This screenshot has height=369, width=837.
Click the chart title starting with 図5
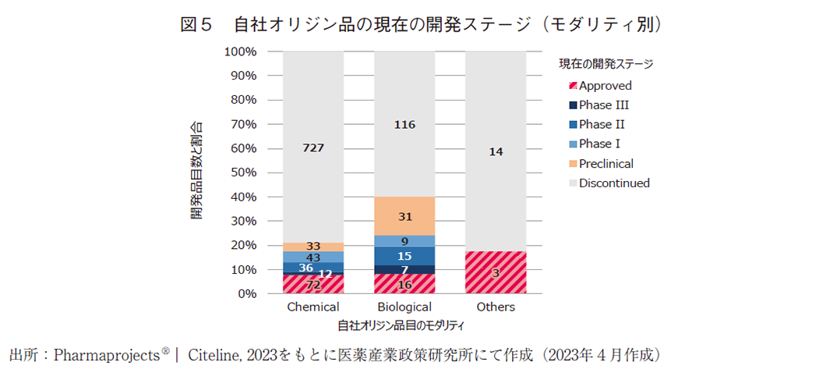coord(421,25)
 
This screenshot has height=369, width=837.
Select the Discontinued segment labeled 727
coord(313,147)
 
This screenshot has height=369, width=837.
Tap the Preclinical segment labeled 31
coord(404,216)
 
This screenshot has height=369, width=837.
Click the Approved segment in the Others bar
coord(496,272)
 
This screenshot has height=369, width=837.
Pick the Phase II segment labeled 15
coord(404,256)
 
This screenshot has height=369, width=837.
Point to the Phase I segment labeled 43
coord(313,257)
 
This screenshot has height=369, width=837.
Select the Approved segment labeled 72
coord(313,285)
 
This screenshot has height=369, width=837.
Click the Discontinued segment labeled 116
coord(404,124)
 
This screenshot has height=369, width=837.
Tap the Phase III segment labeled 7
coord(404,270)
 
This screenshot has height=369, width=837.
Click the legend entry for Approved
coord(605,86)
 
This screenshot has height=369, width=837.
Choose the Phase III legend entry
coord(603,105)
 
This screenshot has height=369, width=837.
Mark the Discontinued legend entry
coord(613,183)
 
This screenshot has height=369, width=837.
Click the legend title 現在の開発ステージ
coord(606,64)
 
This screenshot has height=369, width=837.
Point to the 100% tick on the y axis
coord(240,51)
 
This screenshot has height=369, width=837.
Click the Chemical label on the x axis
coord(313,307)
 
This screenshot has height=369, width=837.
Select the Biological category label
coord(404,307)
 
